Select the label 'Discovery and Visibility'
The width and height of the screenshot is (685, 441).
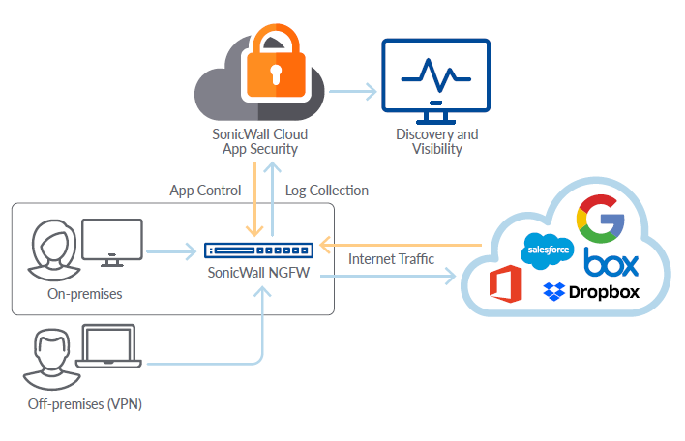[436, 141]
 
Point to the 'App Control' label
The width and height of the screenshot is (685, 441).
[205, 191]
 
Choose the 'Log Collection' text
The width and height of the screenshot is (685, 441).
[327, 191]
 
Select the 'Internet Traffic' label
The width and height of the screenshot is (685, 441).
[391, 259]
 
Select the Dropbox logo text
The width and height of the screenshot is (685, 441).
[604, 290]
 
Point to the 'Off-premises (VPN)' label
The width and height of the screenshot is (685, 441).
[85, 403]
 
